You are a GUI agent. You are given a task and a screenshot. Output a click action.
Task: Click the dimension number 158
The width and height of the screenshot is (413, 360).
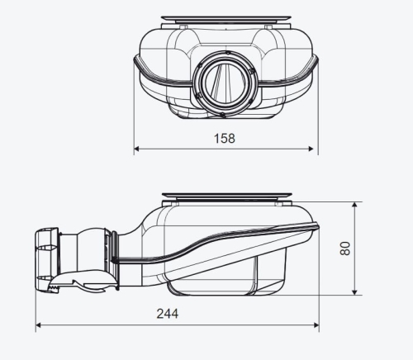point(225,138)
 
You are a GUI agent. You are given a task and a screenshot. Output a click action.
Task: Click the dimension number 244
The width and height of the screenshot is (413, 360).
point(168,314)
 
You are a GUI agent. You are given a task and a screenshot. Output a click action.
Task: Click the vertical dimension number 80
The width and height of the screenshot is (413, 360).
point(345,249)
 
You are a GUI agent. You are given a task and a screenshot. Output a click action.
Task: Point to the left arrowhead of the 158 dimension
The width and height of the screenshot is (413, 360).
point(136,149)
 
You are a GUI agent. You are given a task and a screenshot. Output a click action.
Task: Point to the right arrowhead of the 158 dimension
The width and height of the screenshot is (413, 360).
point(311,149)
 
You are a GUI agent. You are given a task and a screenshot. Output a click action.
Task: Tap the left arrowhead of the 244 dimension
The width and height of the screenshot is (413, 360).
point(39,325)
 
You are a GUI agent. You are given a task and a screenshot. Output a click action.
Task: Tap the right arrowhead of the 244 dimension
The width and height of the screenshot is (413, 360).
point(316,325)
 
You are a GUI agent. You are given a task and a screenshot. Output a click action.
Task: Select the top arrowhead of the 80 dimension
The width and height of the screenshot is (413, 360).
point(354,205)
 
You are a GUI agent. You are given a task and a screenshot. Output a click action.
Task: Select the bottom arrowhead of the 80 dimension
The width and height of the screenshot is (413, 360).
point(354,292)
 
